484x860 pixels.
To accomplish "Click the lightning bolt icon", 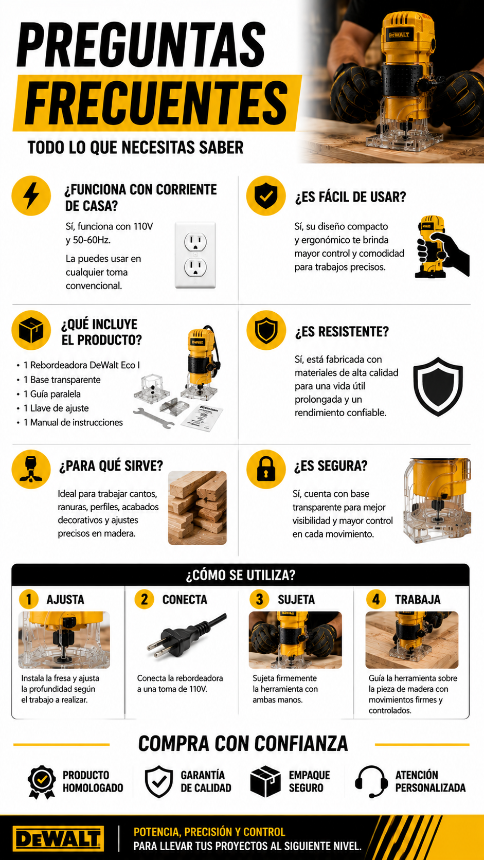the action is pyautogui.click(x=31, y=195).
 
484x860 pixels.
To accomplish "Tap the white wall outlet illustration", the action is pyautogui.click(x=195, y=255).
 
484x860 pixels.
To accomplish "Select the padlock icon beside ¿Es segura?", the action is pyautogui.click(x=265, y=469).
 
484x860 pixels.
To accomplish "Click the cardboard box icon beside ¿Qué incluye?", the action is pyautogui.click(x=31, y=330).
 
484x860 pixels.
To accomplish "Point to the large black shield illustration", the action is pyautogui.click(x=438, y=387).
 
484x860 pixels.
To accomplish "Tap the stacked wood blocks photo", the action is pyautogui.click(x=198, y=508).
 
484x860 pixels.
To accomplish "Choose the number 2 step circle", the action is pyautogui.click(x=145, y=599).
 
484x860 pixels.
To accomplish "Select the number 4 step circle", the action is pyautogui.click(x=376, y=599).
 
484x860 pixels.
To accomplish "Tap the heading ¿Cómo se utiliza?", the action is pyautogui.click(x=241, y=575).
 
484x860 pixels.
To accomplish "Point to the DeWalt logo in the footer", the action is pyautogui.click(x=58, y=838).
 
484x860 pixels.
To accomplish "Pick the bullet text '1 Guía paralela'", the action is pyautogui.click(x=52, y=394).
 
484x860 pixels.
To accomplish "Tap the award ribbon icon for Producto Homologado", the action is pyautogui.click(x=42, y=782).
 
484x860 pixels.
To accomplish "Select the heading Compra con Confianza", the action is pyautogui.click(x=243, y=743).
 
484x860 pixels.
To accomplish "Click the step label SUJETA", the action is pyautogui.click(x=296, y=599).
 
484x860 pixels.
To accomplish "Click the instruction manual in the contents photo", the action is pyautogui.click(x=202, y=418).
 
